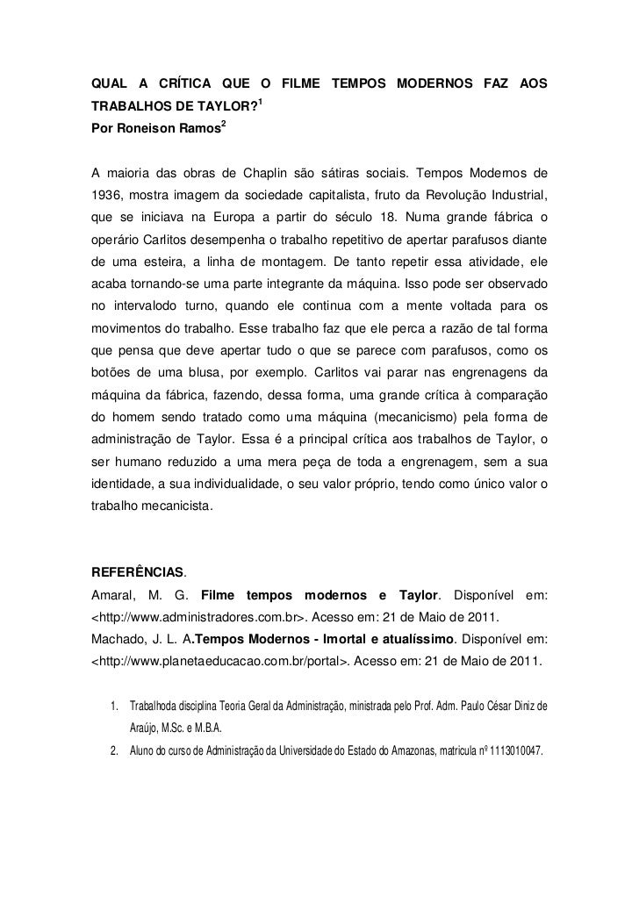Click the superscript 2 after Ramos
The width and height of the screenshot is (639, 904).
click(x=225, y=126)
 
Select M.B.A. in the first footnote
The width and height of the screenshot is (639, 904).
click(x=206, y=729)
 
